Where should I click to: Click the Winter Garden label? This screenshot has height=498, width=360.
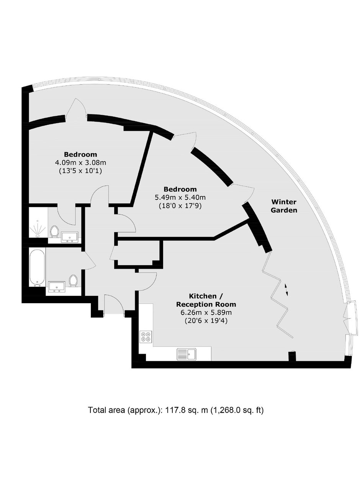click(x=284, y=206)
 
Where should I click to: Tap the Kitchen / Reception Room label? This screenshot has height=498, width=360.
click(x=206, y=300)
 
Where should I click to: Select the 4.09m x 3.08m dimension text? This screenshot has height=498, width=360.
click(x=80, y=163)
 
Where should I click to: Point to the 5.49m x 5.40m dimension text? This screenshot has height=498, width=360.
click(x=180, y=198)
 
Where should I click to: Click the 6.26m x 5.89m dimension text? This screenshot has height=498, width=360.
click(x=206, y=313)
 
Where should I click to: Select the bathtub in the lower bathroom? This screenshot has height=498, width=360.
click(x=38, y=268)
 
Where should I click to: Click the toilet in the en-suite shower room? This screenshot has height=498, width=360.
click(x=54, y=232)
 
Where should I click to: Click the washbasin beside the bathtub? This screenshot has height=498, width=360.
click(x=57, y=286)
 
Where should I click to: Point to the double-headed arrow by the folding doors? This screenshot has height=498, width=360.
click(x=286, y=290)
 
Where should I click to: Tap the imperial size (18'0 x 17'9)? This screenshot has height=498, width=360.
click(x=180, y=206)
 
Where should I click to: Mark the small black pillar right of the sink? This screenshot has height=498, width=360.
click(x=292, y=357)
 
